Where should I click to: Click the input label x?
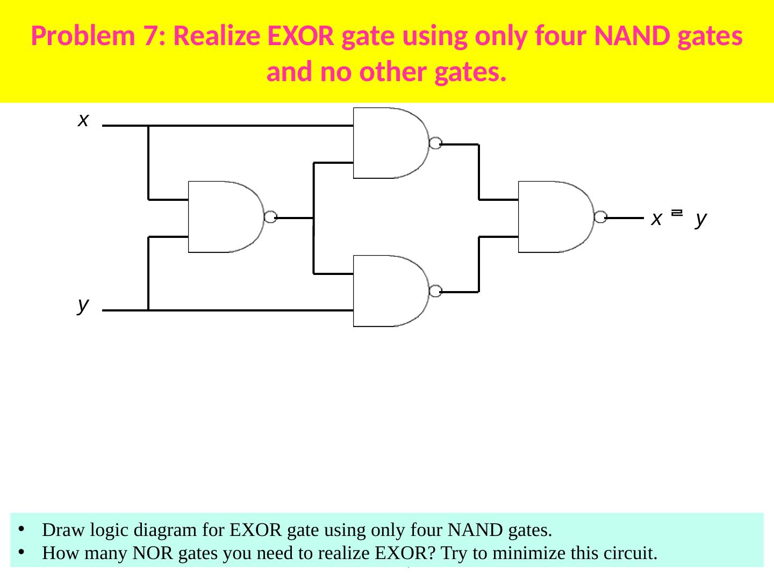(83, 120)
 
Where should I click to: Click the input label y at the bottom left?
(83, 305)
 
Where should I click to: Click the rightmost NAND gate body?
(554, 217)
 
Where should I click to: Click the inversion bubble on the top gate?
(435, 143)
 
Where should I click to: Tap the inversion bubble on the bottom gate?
(435, 291)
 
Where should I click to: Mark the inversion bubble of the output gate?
(601, 218)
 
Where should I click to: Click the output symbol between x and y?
(677, 214)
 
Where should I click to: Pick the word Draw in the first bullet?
(60, 530)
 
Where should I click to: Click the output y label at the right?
(700, 219)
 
